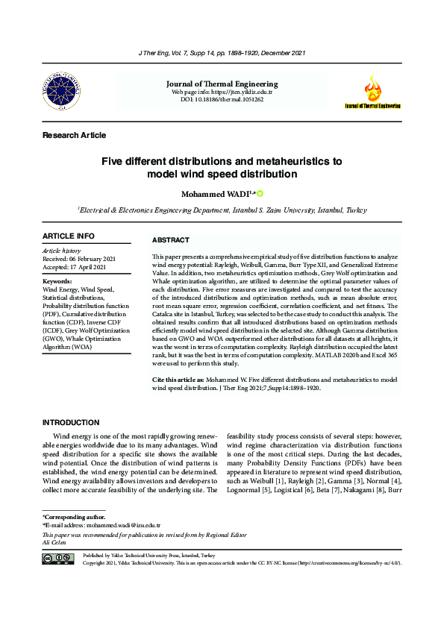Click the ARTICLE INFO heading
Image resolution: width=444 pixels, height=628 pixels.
[x=69, y=236]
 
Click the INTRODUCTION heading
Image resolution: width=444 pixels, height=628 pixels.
[x=71, y=423]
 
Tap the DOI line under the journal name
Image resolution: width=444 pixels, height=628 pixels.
[x=222, y=98]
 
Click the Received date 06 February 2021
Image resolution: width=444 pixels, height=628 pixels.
[x=74, y=259]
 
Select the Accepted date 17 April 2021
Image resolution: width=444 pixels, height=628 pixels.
[x=74, y=267]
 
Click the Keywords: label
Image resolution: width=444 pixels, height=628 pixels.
[x=57, y=280]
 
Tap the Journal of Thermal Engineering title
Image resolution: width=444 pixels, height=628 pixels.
[x=222, y=84]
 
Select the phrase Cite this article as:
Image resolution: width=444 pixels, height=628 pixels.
[x=178, y=380]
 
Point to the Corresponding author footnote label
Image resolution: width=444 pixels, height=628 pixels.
[x=74, y=516]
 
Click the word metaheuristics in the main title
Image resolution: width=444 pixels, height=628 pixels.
[x=290, y=161]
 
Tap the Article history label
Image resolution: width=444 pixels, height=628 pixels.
[x=61, y=251]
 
